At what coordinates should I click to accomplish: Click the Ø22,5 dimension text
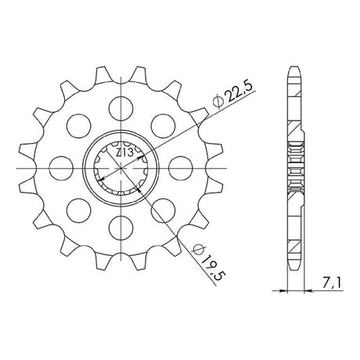(x=233, y=96)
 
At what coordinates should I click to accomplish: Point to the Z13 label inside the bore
(x=125, y=153)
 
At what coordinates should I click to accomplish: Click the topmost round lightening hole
(x=121, y=108)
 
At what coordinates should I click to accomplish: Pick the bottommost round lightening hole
(x=121, y=228)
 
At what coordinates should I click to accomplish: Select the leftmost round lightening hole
(x=61, y=168)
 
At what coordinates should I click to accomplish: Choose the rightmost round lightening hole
(x=181, y=168)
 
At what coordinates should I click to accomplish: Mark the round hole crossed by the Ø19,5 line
(x=163, y=211)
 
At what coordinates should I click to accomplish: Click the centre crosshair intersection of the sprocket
(x=121, y=168)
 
